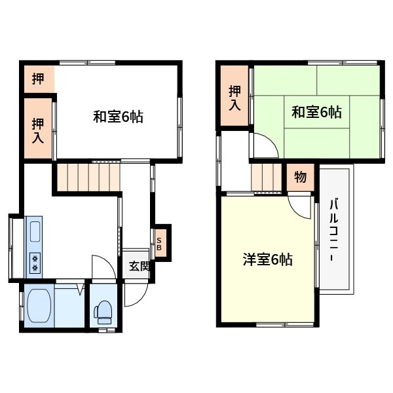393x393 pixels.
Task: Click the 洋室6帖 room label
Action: pyautogui.click(x=267, y=259)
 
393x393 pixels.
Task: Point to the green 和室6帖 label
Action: pyautogui.click(x=316, y=112)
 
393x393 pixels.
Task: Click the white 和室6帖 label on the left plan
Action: pyautogui.click(x=118, y=117)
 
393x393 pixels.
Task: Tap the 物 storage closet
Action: pyautogui.click(x=301, y=177)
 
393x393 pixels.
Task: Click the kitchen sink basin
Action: pyautogui.click(x=35, y=231)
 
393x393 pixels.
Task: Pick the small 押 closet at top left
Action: pyautogui.click(x=39, y=79)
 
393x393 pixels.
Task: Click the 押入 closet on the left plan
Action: pyautogui.click(x=38, y=129)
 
